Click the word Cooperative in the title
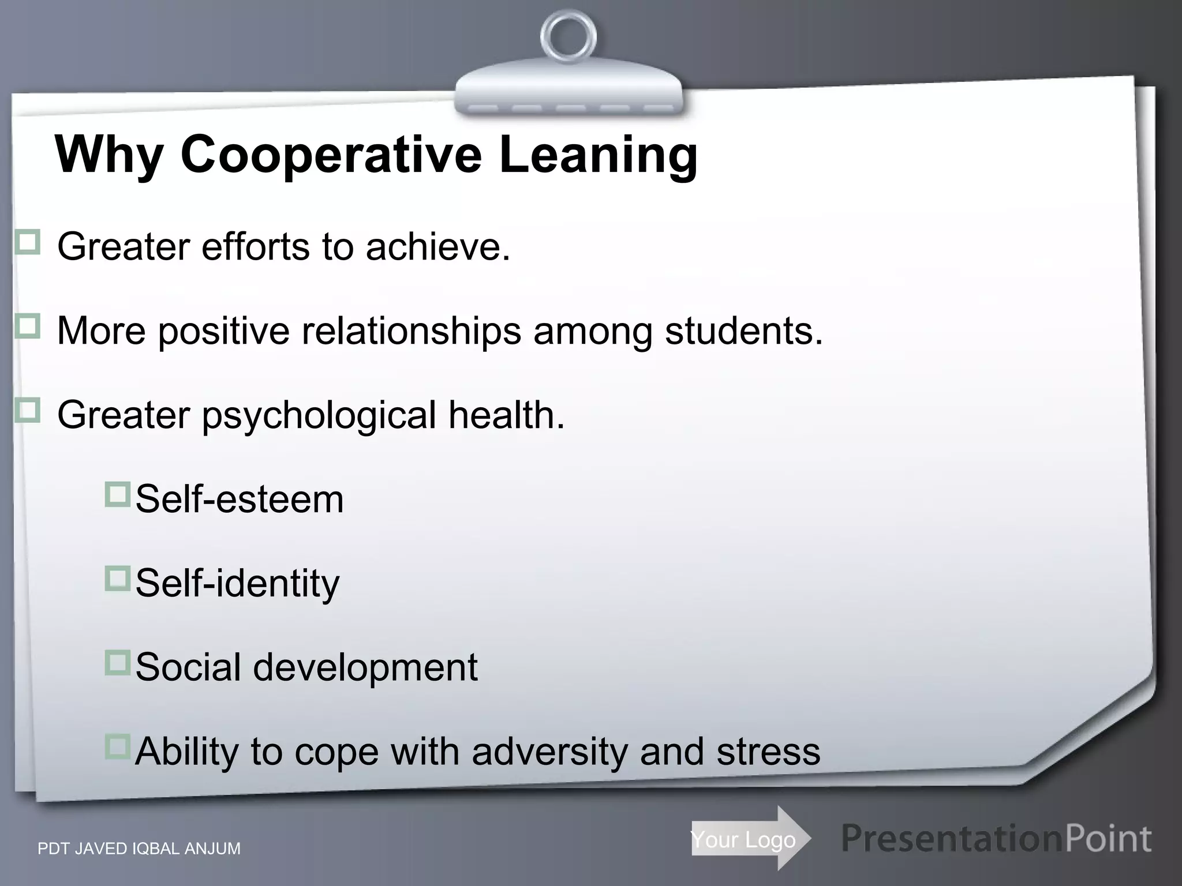331,155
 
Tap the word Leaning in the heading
599,155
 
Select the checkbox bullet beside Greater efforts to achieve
27,242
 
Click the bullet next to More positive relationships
27,326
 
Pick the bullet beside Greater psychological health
27,411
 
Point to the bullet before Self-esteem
117,495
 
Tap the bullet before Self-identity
117,579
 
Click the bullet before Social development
117,663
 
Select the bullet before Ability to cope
117,748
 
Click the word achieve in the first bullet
437,247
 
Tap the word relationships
411,332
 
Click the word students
743,331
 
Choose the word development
365,668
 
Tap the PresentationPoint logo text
996,839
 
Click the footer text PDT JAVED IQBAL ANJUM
139,849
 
